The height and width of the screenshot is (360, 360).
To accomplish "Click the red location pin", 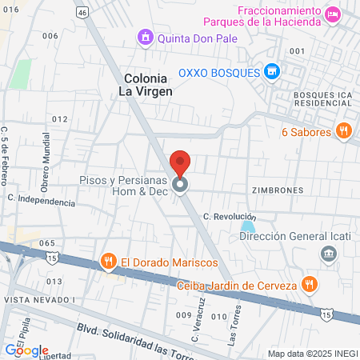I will [x=180, y=162].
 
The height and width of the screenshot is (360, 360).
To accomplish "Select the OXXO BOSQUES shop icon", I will [x=273, y=72].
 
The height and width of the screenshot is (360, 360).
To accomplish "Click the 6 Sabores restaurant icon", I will [x=344, y=131].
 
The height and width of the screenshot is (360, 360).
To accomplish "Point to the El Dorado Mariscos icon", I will [x=109, y=261].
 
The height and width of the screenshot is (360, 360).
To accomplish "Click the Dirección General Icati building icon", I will [x=328, y=254].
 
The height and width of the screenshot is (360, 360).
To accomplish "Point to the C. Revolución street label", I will [x=230, y=217].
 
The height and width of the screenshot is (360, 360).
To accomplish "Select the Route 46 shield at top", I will [x=82, y=14].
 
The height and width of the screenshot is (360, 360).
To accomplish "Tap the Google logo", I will [x=26, y=350].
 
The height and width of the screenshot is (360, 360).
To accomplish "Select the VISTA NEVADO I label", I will [x=38, y=299].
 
